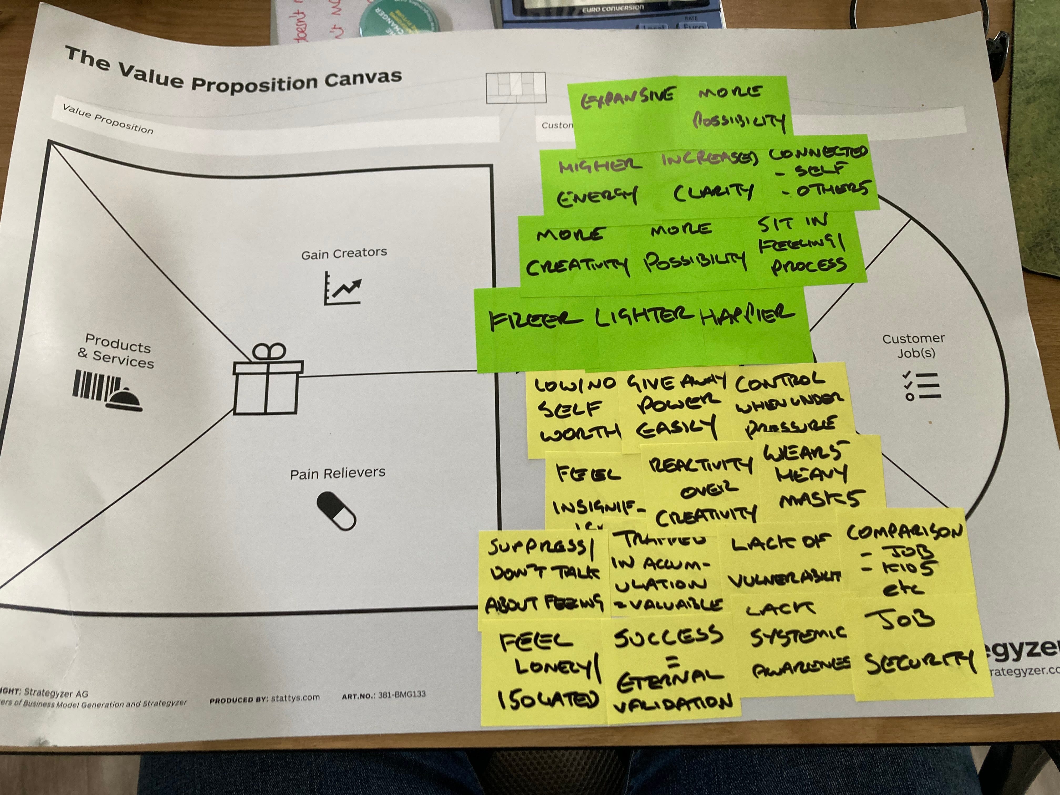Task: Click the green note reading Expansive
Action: (x=628, y=101)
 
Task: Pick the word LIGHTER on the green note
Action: (x=645, y=316)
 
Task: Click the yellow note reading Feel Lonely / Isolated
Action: (x=544, y=671)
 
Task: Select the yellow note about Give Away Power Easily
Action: (x=676, y=407)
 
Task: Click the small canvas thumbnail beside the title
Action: (x=516, y=88)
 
